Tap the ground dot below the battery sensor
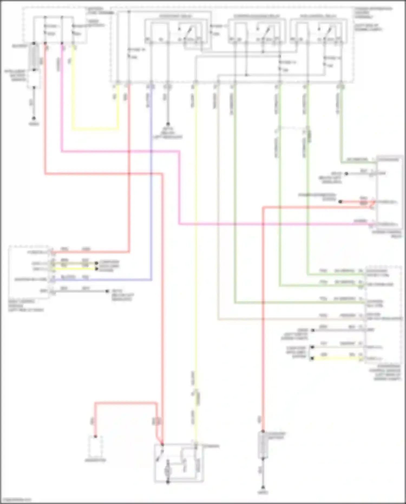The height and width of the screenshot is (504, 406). [34, 118]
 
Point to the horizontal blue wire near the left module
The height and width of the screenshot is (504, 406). [103, 279]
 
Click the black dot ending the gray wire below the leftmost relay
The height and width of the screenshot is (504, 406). [168, 124]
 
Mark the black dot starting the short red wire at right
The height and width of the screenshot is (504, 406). [340, 201]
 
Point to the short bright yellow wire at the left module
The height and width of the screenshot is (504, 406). [74, 269]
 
